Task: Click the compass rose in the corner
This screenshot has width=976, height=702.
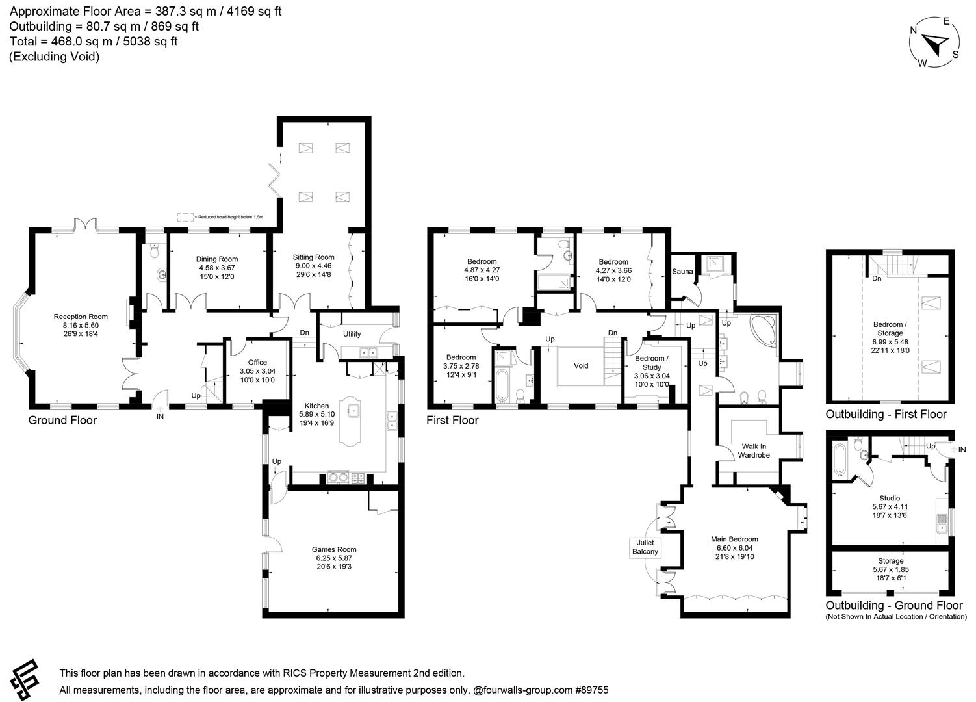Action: pos(934,44)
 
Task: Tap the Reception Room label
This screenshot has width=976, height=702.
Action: pos(81,317)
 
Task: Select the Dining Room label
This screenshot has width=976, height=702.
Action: pos(217,259)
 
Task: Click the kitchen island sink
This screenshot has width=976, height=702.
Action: pos(354,411)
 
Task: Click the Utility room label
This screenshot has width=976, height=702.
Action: pos(352,334)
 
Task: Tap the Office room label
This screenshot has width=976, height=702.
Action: pos(257,363)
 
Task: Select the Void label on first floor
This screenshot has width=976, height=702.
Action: pos(581,366)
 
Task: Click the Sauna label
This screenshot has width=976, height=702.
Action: pos(682,272)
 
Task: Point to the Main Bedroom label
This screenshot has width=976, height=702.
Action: pos(734,539)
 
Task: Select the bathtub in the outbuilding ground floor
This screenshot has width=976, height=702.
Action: pos(839,460)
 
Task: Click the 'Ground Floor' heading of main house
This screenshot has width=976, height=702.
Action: pos(62,421)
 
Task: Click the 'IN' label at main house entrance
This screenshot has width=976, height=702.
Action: pos(160,417)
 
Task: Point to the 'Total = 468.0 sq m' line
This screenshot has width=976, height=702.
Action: pos(94,42)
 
